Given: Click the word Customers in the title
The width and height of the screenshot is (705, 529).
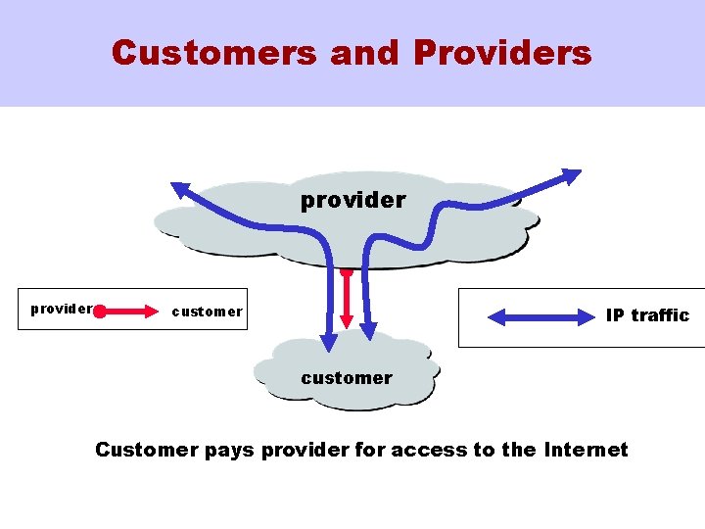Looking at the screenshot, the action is pos(214,52).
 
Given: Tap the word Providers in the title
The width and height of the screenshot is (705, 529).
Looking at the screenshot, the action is pos(502,52).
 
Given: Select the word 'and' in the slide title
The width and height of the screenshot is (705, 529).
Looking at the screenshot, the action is pos(364,52).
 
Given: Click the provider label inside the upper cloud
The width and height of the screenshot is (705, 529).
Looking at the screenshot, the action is pos(352,200).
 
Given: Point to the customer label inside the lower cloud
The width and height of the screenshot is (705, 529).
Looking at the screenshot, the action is pos(347,378).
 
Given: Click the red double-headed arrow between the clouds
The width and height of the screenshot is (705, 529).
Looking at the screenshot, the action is pos(348,300).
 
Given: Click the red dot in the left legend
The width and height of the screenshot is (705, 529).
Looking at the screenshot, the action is pos(100,313).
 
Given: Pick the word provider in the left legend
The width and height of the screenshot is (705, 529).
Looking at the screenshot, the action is pos(62,309).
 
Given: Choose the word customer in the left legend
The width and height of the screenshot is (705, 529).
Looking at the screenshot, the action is pos(207,313).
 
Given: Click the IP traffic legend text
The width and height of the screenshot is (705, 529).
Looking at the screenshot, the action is pos(647,315).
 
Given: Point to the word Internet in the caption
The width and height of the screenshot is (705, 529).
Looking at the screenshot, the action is pos(585,451).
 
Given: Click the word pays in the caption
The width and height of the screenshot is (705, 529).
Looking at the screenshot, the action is pos(230,451).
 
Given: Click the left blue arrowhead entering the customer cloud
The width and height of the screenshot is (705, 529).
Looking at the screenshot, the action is pos(329,340).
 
